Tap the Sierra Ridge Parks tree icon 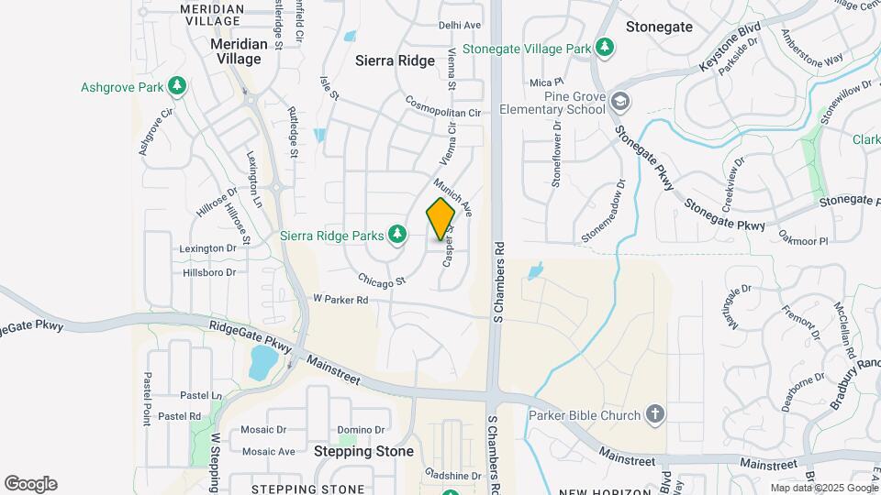pos(397,236)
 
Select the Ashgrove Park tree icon pos(176,87)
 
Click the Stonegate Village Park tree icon pos(604,48)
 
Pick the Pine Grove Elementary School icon pos(621,102)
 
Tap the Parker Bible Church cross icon pos(654,415)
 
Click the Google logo pos(30,484)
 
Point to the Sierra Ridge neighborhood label pos(395,60)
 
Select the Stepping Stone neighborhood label pos(363,452)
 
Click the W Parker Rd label pos(340,300)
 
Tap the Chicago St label pos(382,280)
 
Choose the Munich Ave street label pos(453,196)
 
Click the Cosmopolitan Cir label pos(443,106)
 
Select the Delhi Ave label pos(460,26)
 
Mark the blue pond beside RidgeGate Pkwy pos(262,363)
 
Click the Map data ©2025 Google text pos(824,488)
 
